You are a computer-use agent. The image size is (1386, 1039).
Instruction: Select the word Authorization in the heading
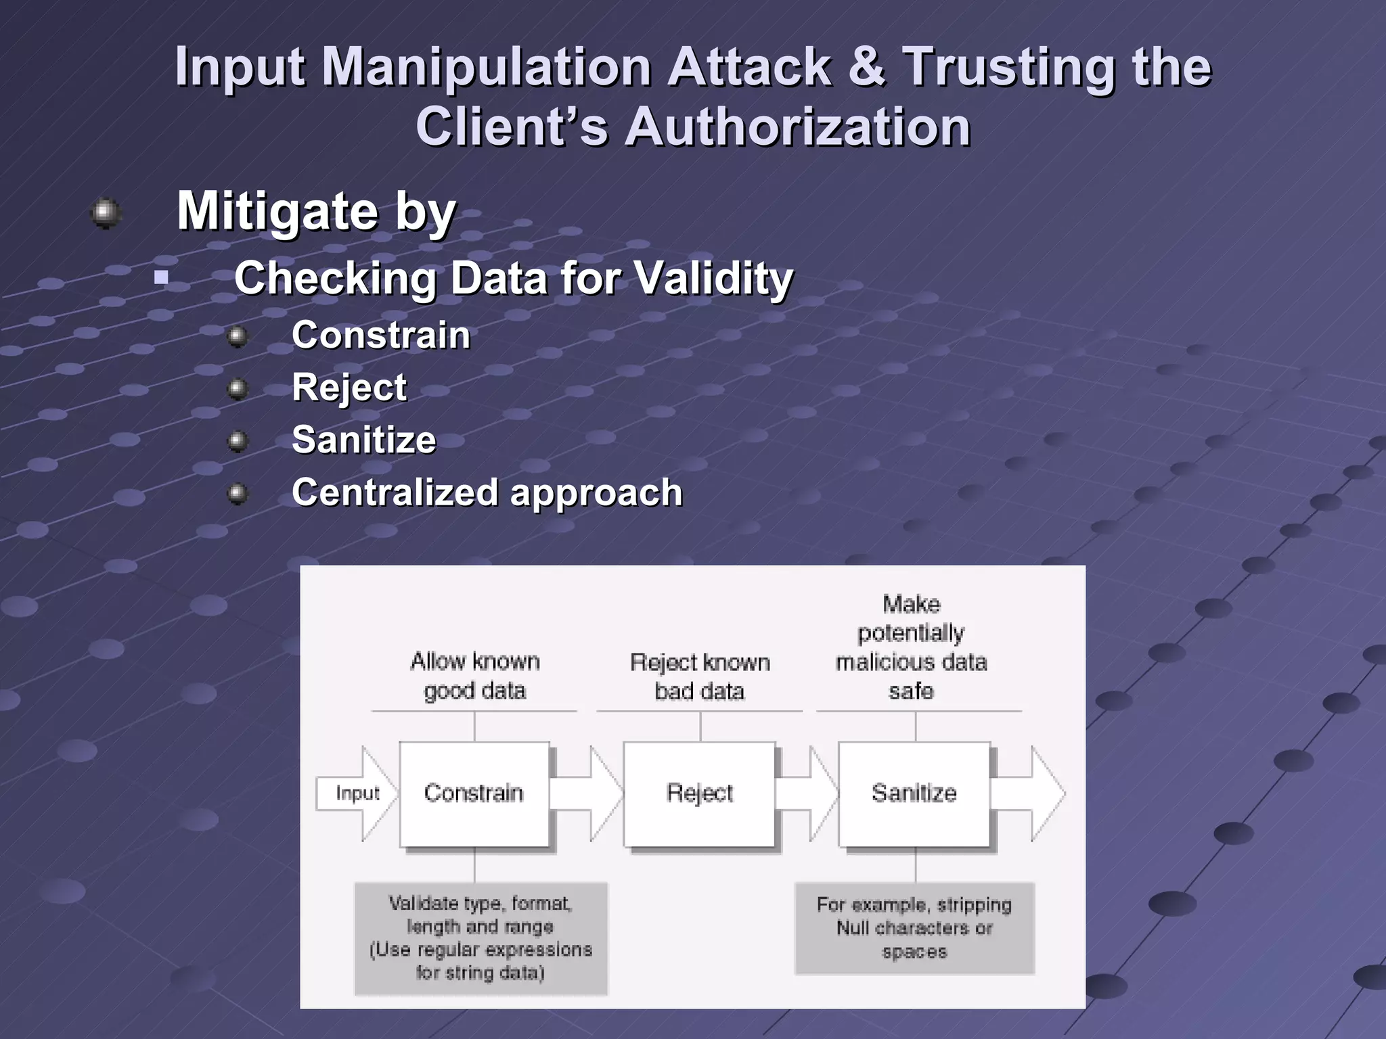[798, 127]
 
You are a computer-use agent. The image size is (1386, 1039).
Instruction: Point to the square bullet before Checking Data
[161, 277]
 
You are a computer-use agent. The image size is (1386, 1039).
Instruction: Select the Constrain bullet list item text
[381, 336]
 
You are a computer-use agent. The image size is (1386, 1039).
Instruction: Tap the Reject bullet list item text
[349, 388]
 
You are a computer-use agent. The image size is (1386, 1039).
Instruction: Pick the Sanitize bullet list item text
[364, 440]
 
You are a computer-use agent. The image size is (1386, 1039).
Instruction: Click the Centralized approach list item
[487, 492]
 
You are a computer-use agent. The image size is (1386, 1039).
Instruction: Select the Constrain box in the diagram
[474, 793]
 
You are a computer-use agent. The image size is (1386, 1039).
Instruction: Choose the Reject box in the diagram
[699, 793]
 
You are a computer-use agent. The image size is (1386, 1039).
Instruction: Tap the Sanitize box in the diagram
[914, 793]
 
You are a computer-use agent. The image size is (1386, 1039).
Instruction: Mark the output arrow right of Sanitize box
[1029, 793]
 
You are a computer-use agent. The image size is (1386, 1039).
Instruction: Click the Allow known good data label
[474, 676]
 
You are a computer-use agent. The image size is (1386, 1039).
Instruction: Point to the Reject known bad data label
[700, 676]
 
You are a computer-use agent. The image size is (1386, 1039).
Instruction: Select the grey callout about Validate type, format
[480, 938]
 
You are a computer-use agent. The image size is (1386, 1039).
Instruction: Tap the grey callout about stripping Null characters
[914, 928]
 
